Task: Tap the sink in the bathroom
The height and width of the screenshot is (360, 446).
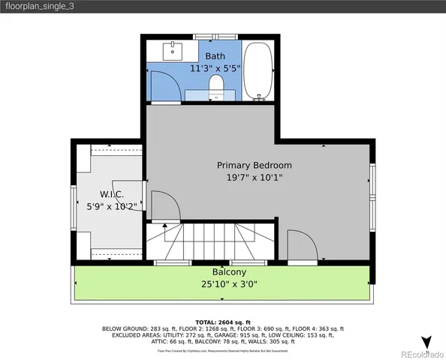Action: click(173, 51)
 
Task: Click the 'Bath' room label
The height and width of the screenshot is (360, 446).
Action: click(215, 56)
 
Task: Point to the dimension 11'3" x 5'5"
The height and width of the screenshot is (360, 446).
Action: click(215, 68)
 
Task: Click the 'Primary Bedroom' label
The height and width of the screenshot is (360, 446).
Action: click(255, 165)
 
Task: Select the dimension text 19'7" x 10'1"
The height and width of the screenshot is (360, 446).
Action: click(255, 178)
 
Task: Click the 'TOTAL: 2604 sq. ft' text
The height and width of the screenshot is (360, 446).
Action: click(223, 320)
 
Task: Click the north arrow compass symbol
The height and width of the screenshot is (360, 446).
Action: click(426, 342)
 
